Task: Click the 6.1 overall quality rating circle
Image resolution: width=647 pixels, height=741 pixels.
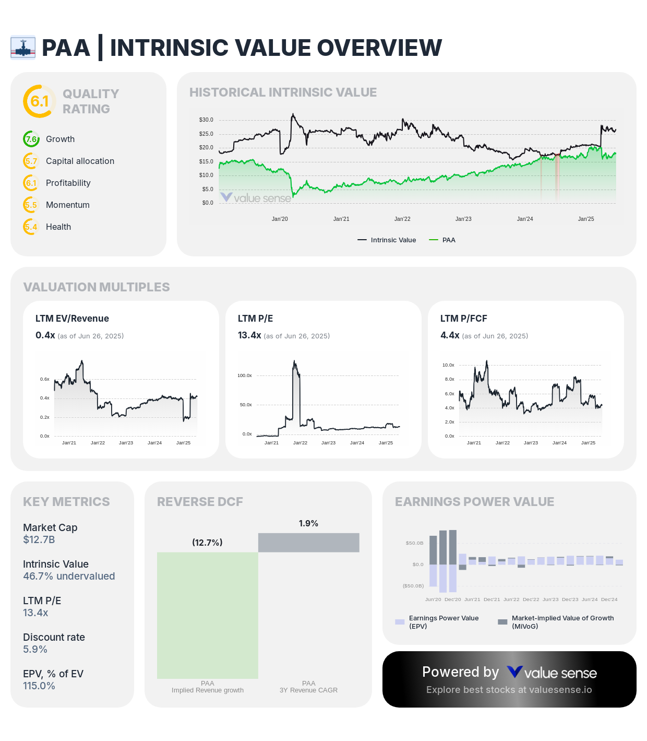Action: point(40,101)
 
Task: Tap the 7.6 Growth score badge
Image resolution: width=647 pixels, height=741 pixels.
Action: point(31,139)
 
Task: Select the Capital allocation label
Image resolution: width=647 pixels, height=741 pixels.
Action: point(80,161)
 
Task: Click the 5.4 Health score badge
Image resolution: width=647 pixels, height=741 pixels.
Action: point(31,227)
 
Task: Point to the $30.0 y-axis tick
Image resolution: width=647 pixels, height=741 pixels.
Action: point(206,120)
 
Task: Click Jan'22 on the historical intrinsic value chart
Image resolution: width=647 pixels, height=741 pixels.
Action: point(402,219)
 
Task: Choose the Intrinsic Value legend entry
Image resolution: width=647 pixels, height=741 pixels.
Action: point(387,240)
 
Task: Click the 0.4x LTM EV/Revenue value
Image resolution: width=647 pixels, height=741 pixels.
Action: point(45,336)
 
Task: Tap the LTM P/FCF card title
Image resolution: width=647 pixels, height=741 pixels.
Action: point(464,319)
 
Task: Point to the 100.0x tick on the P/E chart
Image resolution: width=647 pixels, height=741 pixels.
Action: point(244,376)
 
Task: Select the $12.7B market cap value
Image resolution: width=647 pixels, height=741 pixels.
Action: point(39,540)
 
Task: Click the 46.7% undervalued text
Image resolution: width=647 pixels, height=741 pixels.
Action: point(69,577)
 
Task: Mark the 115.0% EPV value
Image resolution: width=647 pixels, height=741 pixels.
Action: point(39,686)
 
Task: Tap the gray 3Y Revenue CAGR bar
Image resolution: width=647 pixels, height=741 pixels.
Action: point(309,543)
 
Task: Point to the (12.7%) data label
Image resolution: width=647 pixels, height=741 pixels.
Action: point(207,543)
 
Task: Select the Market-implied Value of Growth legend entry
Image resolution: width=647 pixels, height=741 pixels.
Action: point(556,622)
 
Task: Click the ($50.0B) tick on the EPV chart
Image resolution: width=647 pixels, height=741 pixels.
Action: point(413,586)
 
